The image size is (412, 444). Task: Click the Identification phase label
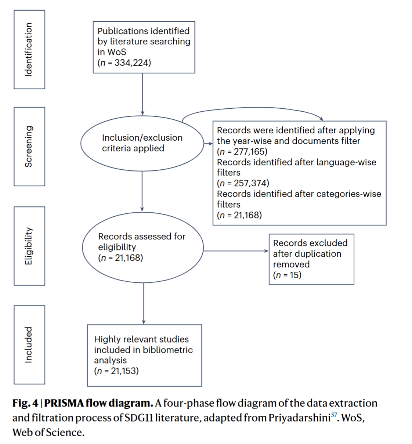pyautogui.click(x=29, y=50)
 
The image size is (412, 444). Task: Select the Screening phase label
pyautogui.click(x=29, y=147)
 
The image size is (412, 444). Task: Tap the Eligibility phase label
pyautogui.click(x=29, y=246)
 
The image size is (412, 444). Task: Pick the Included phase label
pyautogui.click(x=29, y=344)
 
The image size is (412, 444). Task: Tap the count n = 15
pyautogui.click(x=287, y=275)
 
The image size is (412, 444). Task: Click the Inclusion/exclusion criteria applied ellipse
pyautogui.click(x=142, y=143)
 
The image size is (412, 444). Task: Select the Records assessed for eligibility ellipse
pyautogui.click(x=143, y=247)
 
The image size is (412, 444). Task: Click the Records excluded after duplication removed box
pyautogui.click(x=311, y=259)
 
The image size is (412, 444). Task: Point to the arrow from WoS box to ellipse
pyautogui.click(x=142, y=94)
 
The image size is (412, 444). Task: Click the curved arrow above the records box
pyautogui.click(x=253, y=108)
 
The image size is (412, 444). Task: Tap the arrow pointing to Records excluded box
pyautogui.click(x=236, y=251)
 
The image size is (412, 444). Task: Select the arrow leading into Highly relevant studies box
pyautogui.click(x=144, y=303)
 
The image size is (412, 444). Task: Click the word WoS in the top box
pyautogui.click(x=117, y=52)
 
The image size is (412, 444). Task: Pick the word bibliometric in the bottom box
pyautogui.click(x=168, y=350)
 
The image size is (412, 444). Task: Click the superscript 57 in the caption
pyautogui.click(x=334, y=415)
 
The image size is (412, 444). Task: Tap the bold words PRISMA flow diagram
pyautogui.click(x=98, y=403)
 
